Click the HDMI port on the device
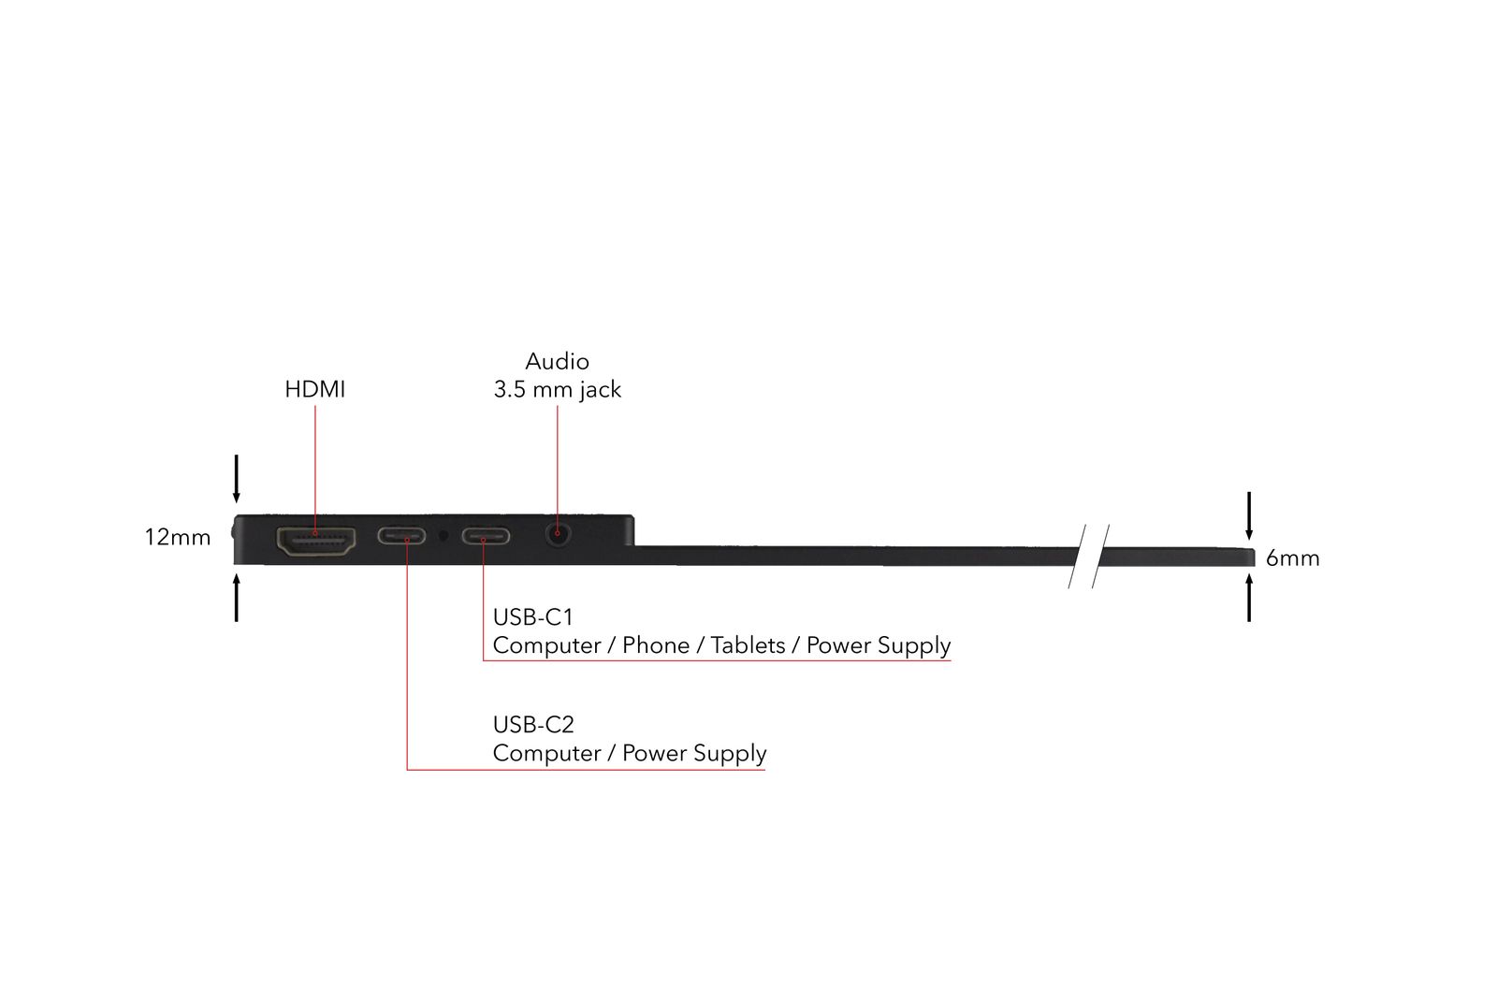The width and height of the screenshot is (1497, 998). click(316, 541)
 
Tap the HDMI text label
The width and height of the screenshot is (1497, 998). click(314, 389)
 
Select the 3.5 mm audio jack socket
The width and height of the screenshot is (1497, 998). click(558, 536)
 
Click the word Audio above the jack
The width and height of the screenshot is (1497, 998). click(557, 361)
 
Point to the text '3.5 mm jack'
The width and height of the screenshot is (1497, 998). click(557, 389)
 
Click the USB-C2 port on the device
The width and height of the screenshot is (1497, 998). click(402, 536)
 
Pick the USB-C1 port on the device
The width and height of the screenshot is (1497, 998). click(485, 537)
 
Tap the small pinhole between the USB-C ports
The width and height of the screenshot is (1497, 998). click(443, 536)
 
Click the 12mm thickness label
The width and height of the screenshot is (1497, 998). click(178, 537)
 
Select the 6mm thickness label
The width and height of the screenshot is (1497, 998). click(1292, 558)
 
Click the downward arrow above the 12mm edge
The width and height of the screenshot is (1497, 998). click(237, 478)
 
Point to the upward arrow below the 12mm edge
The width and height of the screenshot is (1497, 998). click(237, 598)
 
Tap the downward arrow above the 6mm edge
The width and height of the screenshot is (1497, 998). click(1249, 515)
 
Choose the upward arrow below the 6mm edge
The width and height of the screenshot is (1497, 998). click(1249, 598)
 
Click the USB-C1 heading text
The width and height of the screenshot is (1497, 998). click(532, 617)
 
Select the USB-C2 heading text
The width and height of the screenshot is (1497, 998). click(533, 725)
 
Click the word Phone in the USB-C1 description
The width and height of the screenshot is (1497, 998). click(655, 645)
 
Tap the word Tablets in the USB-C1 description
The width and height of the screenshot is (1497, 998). click(748, 645)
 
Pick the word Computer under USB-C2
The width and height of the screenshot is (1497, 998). click(545, 753)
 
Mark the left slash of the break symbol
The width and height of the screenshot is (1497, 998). click(1078, 556)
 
